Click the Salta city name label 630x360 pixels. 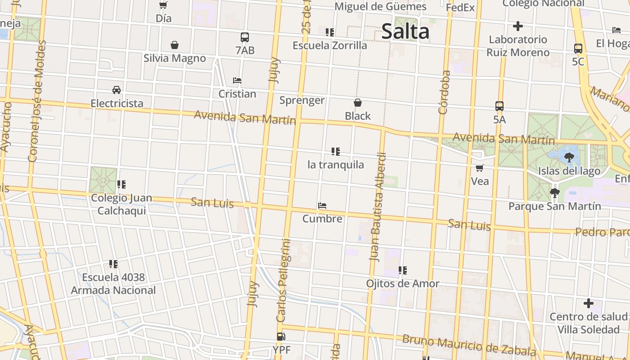click(x=405, y=31)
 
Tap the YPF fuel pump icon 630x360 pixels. click(x=281, y=337)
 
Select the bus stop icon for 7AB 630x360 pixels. click(x=245, y=37)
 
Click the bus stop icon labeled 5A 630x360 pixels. click(x=499, y=107)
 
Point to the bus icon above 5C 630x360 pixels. click(x=578, y=49)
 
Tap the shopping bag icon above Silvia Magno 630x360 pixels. click(x=175, y=45)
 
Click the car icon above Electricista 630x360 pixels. click(x=117, y=90)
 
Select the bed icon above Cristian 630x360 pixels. click(x=237, y=81)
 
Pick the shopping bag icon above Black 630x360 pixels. click(x=358, y=103)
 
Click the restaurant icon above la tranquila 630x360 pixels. click(x=335, y=152)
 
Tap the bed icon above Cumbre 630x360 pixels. click(x=322, y=206)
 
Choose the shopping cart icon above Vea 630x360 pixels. click(x=480, y=168)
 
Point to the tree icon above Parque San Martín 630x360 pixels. click(x=555, y=193)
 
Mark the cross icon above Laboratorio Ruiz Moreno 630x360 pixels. click(x=518, y=26)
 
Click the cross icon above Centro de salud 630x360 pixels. click(x=588, y=303)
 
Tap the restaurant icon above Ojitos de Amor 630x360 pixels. click(x=402, y=270)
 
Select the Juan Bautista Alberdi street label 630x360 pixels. click(x=378, y=207)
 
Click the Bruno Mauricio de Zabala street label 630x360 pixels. click(x=469, y=345)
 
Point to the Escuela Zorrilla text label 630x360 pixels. click(x=330, y=45)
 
